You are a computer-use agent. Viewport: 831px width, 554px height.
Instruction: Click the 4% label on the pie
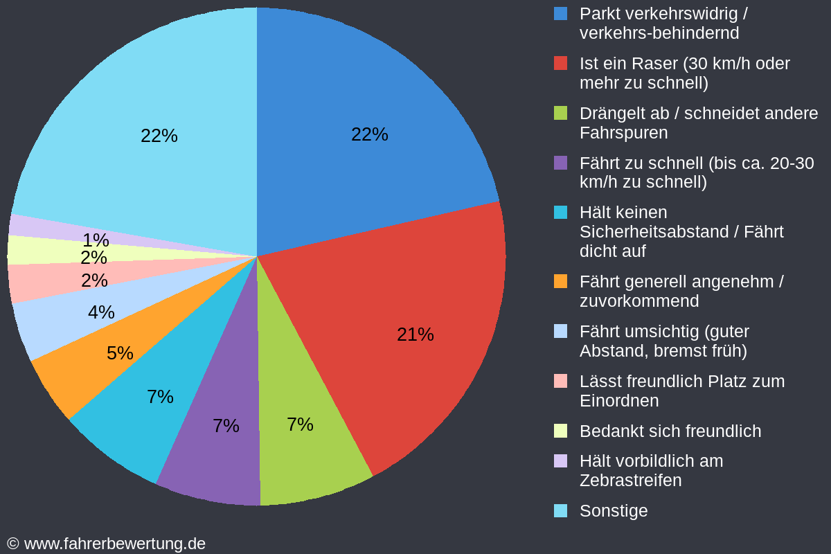click(x=101, y=312)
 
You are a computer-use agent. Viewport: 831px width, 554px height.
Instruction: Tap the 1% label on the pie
click(x=96, y=240)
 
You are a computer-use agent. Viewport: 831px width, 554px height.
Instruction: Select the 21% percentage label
click(x=415, y=334)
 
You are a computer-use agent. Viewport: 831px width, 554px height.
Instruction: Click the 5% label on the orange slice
click(x=120, y=353)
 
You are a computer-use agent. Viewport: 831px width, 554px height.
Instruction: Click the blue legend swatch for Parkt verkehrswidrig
click(x=560, y=13)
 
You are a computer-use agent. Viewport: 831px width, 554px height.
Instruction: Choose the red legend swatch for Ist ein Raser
click(x=560, y=63)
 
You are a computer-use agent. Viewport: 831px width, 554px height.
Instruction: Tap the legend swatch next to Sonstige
click(x=560, y=510)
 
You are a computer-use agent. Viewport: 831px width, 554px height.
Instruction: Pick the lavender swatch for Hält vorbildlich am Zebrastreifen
click(x=560, y=461)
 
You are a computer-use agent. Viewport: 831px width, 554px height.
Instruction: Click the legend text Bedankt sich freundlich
click(x=670, y=431)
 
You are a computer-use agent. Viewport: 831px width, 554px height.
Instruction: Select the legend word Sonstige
click(x=614, y=510)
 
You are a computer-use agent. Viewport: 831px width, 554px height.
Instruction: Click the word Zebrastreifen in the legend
click(x=630, y=480)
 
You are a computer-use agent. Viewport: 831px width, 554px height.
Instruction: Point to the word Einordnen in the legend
click(x=618, y=400)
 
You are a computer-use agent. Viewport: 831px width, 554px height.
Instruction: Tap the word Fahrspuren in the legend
click(x=623, y=132)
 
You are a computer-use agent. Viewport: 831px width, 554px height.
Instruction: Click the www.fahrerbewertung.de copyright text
click(x=107, y=544)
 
